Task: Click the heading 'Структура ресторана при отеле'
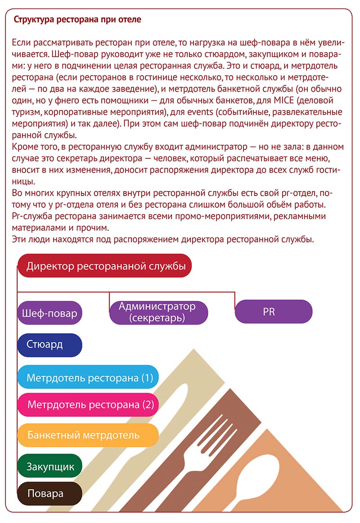tap(77, 20)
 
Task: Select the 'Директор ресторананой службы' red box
tap(105, 266)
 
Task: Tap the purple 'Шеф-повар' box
tap(49, 313)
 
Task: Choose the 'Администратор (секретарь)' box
tap(158, 312)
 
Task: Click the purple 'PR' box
tap(273, 311)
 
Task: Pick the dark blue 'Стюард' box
tap(49, 345)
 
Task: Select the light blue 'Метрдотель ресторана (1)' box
tap(88, 377)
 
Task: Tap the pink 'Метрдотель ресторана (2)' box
tap(88, 404)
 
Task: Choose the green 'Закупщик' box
tap(49, 466)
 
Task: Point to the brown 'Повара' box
tap(49, 493)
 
